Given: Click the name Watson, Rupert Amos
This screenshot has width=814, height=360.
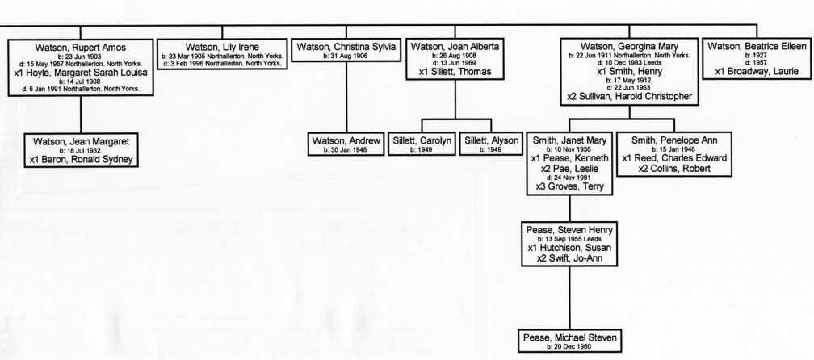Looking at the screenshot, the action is tap(81, 48).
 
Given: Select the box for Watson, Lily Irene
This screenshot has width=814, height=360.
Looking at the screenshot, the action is tap(221, 54).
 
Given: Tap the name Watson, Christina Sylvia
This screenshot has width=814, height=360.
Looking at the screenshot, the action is tap(346, 47).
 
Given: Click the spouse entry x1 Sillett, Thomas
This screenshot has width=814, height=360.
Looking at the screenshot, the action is tap(455, 72).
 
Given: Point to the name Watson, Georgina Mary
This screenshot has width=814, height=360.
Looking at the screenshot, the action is tap(629, 47).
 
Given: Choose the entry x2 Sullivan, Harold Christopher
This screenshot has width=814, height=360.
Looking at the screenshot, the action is tap(629, 97).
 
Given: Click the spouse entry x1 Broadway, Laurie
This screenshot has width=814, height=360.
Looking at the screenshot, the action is tap(757, 72).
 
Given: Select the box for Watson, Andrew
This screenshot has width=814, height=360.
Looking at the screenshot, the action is tap(346, 144).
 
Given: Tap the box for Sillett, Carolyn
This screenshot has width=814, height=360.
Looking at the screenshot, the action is tap(422, 144).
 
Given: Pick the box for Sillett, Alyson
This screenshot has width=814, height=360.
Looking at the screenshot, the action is tap(491, 144).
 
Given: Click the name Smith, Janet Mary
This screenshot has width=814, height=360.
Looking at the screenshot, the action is tap(569, 141).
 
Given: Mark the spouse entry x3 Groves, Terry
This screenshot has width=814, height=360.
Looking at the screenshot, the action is tap(569, 186).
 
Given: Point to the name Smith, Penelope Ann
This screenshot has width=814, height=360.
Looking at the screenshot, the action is tap(674, 141).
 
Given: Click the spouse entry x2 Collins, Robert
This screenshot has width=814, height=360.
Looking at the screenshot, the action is tap(674, 168).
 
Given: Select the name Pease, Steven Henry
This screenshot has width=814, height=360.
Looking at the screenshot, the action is tap(569, 230).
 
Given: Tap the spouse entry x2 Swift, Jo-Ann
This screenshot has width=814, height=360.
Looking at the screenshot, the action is tap(569, 257).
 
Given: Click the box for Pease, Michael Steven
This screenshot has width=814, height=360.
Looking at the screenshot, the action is tap(569, 341).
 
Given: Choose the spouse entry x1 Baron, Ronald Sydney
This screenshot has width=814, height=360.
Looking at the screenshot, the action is tap(82, 160).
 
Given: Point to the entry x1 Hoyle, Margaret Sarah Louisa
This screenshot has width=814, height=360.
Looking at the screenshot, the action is tap(81, 73).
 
